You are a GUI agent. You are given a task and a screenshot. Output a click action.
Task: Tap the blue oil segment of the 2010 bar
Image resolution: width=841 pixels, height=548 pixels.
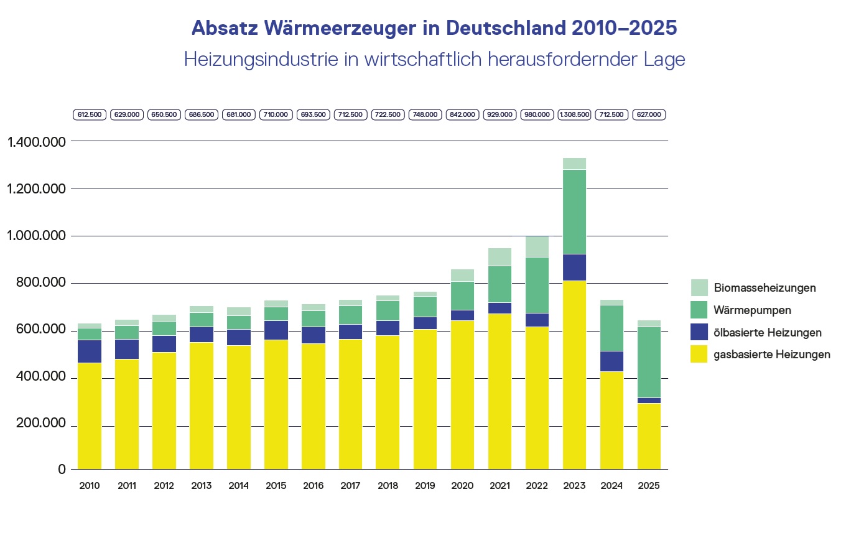[x=90, y=351]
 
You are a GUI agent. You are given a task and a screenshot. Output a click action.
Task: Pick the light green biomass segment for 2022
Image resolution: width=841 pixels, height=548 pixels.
[x=537, y=246]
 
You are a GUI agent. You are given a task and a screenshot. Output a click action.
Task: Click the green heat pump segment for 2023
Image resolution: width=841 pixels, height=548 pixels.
[x=574, y=211]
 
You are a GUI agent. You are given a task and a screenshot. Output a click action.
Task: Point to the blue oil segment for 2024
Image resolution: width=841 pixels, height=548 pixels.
[x=611, y=361]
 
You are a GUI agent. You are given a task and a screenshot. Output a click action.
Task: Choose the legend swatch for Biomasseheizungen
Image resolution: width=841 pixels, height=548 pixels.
[x=699, y=287]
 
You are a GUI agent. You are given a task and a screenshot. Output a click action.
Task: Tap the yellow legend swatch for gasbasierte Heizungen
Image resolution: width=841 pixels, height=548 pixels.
[x=699, y=355]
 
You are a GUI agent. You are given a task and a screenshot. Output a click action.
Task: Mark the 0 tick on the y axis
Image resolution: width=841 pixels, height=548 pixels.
[x=62, y=470]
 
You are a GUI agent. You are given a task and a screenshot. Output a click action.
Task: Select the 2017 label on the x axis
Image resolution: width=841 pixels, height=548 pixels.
[x=351, y=486]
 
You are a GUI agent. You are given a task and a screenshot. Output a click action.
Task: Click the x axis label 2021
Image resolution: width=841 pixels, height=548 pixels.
[x=499, y=486]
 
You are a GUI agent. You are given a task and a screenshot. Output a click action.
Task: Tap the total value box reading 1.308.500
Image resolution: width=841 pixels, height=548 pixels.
[x=574, y=115]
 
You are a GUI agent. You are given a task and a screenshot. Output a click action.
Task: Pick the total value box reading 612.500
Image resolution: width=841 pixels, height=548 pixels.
[x=90, y=115]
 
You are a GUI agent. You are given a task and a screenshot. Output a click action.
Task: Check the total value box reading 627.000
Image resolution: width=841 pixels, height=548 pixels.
[x=649, y=115]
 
